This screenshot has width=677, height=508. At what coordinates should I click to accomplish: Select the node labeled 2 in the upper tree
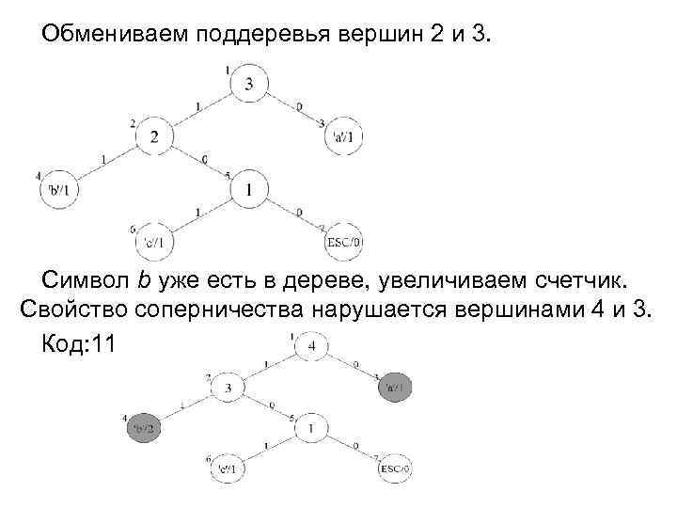tap(154, 138)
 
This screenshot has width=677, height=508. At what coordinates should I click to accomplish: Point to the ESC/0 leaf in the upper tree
tap(342, 243)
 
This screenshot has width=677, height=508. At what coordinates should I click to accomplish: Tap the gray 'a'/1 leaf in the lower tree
tap(395, 386)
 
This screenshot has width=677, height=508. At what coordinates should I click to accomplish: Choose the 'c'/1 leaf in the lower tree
tap(228, 468)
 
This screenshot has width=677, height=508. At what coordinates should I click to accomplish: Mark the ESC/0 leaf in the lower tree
tap(395, 468)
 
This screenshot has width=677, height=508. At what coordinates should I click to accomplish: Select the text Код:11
tap(78, 343)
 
